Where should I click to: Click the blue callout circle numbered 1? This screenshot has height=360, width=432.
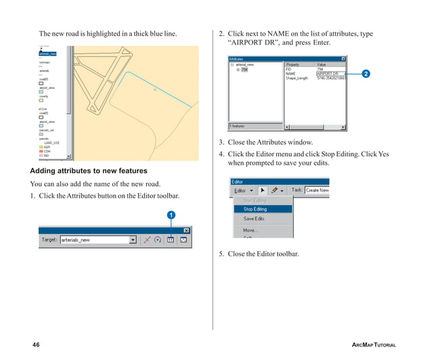coord(171,215)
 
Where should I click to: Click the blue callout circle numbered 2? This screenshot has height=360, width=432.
coord(366,73)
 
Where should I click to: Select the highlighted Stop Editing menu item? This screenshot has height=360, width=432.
coord(255,209)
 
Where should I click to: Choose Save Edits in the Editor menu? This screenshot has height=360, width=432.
coord(254,219)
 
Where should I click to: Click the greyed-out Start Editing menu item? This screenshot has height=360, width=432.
coord(255,200)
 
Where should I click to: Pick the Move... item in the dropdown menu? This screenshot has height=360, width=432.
coord(250,230)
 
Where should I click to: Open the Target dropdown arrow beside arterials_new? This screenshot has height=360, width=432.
coord(133,240)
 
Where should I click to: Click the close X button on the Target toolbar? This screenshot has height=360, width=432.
coord(186,230)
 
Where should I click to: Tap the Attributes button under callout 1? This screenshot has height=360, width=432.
coord(171,240)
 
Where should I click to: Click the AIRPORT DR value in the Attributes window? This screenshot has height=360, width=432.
coord(330,74)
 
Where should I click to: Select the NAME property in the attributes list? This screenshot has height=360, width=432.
coord(292,74)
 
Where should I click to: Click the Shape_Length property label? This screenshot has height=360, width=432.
coord(297,78)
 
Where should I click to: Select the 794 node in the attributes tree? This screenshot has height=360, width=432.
coord(245,69)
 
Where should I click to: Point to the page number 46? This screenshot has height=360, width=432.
coord(36,345)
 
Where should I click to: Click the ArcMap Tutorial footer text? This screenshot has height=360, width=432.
coord(374,345)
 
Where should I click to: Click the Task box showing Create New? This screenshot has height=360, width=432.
coord(317,190)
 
